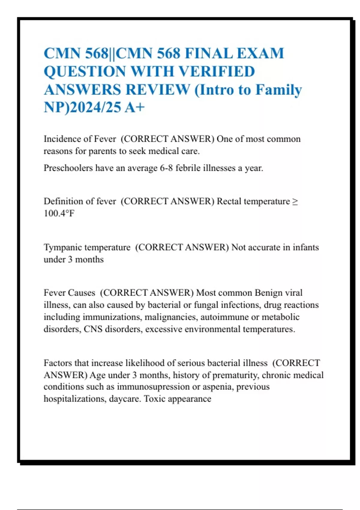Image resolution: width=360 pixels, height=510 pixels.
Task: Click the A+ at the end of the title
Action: [135, 107]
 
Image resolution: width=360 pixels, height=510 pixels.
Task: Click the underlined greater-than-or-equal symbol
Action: [295, 201]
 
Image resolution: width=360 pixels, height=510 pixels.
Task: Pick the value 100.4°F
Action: [59, 213]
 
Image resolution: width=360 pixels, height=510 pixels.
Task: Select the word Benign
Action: [268, 293]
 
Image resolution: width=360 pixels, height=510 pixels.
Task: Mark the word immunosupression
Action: [153, 387]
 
